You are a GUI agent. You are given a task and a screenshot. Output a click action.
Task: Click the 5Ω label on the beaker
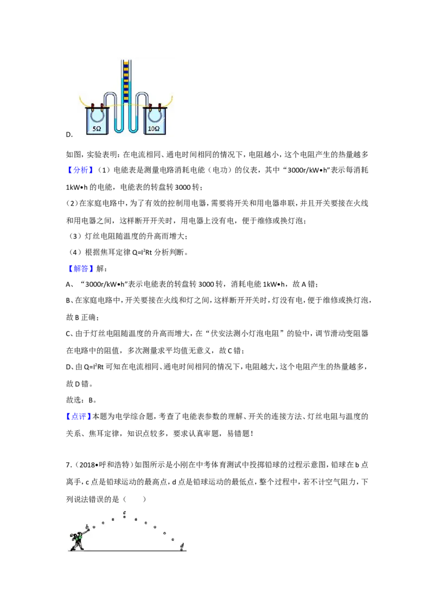click(x=97, y=129)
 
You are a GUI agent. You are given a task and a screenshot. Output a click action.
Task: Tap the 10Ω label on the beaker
click(x=154, y=129)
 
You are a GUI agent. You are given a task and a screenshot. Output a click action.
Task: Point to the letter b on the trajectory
click(x=87, y=526)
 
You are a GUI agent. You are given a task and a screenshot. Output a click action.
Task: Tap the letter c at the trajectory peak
click(x=125, y=512)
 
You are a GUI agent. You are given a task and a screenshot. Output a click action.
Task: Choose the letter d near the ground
click(x=182, y=545)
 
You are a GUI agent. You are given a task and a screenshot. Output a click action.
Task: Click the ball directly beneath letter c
click(x=125, y=517)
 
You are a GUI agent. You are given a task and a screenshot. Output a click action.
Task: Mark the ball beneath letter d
click(x=182, y=549)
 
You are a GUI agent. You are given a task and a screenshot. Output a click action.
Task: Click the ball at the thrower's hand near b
click(x=88, y=530)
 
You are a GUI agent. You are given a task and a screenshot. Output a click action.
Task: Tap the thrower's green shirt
click(x=80, y=537)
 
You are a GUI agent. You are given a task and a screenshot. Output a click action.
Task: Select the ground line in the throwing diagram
click(x=130, y=552)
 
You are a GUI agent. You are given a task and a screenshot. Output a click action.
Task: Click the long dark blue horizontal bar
click(x=163, y=176)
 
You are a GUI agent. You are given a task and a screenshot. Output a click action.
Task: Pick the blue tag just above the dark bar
click(x=80, y=170)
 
